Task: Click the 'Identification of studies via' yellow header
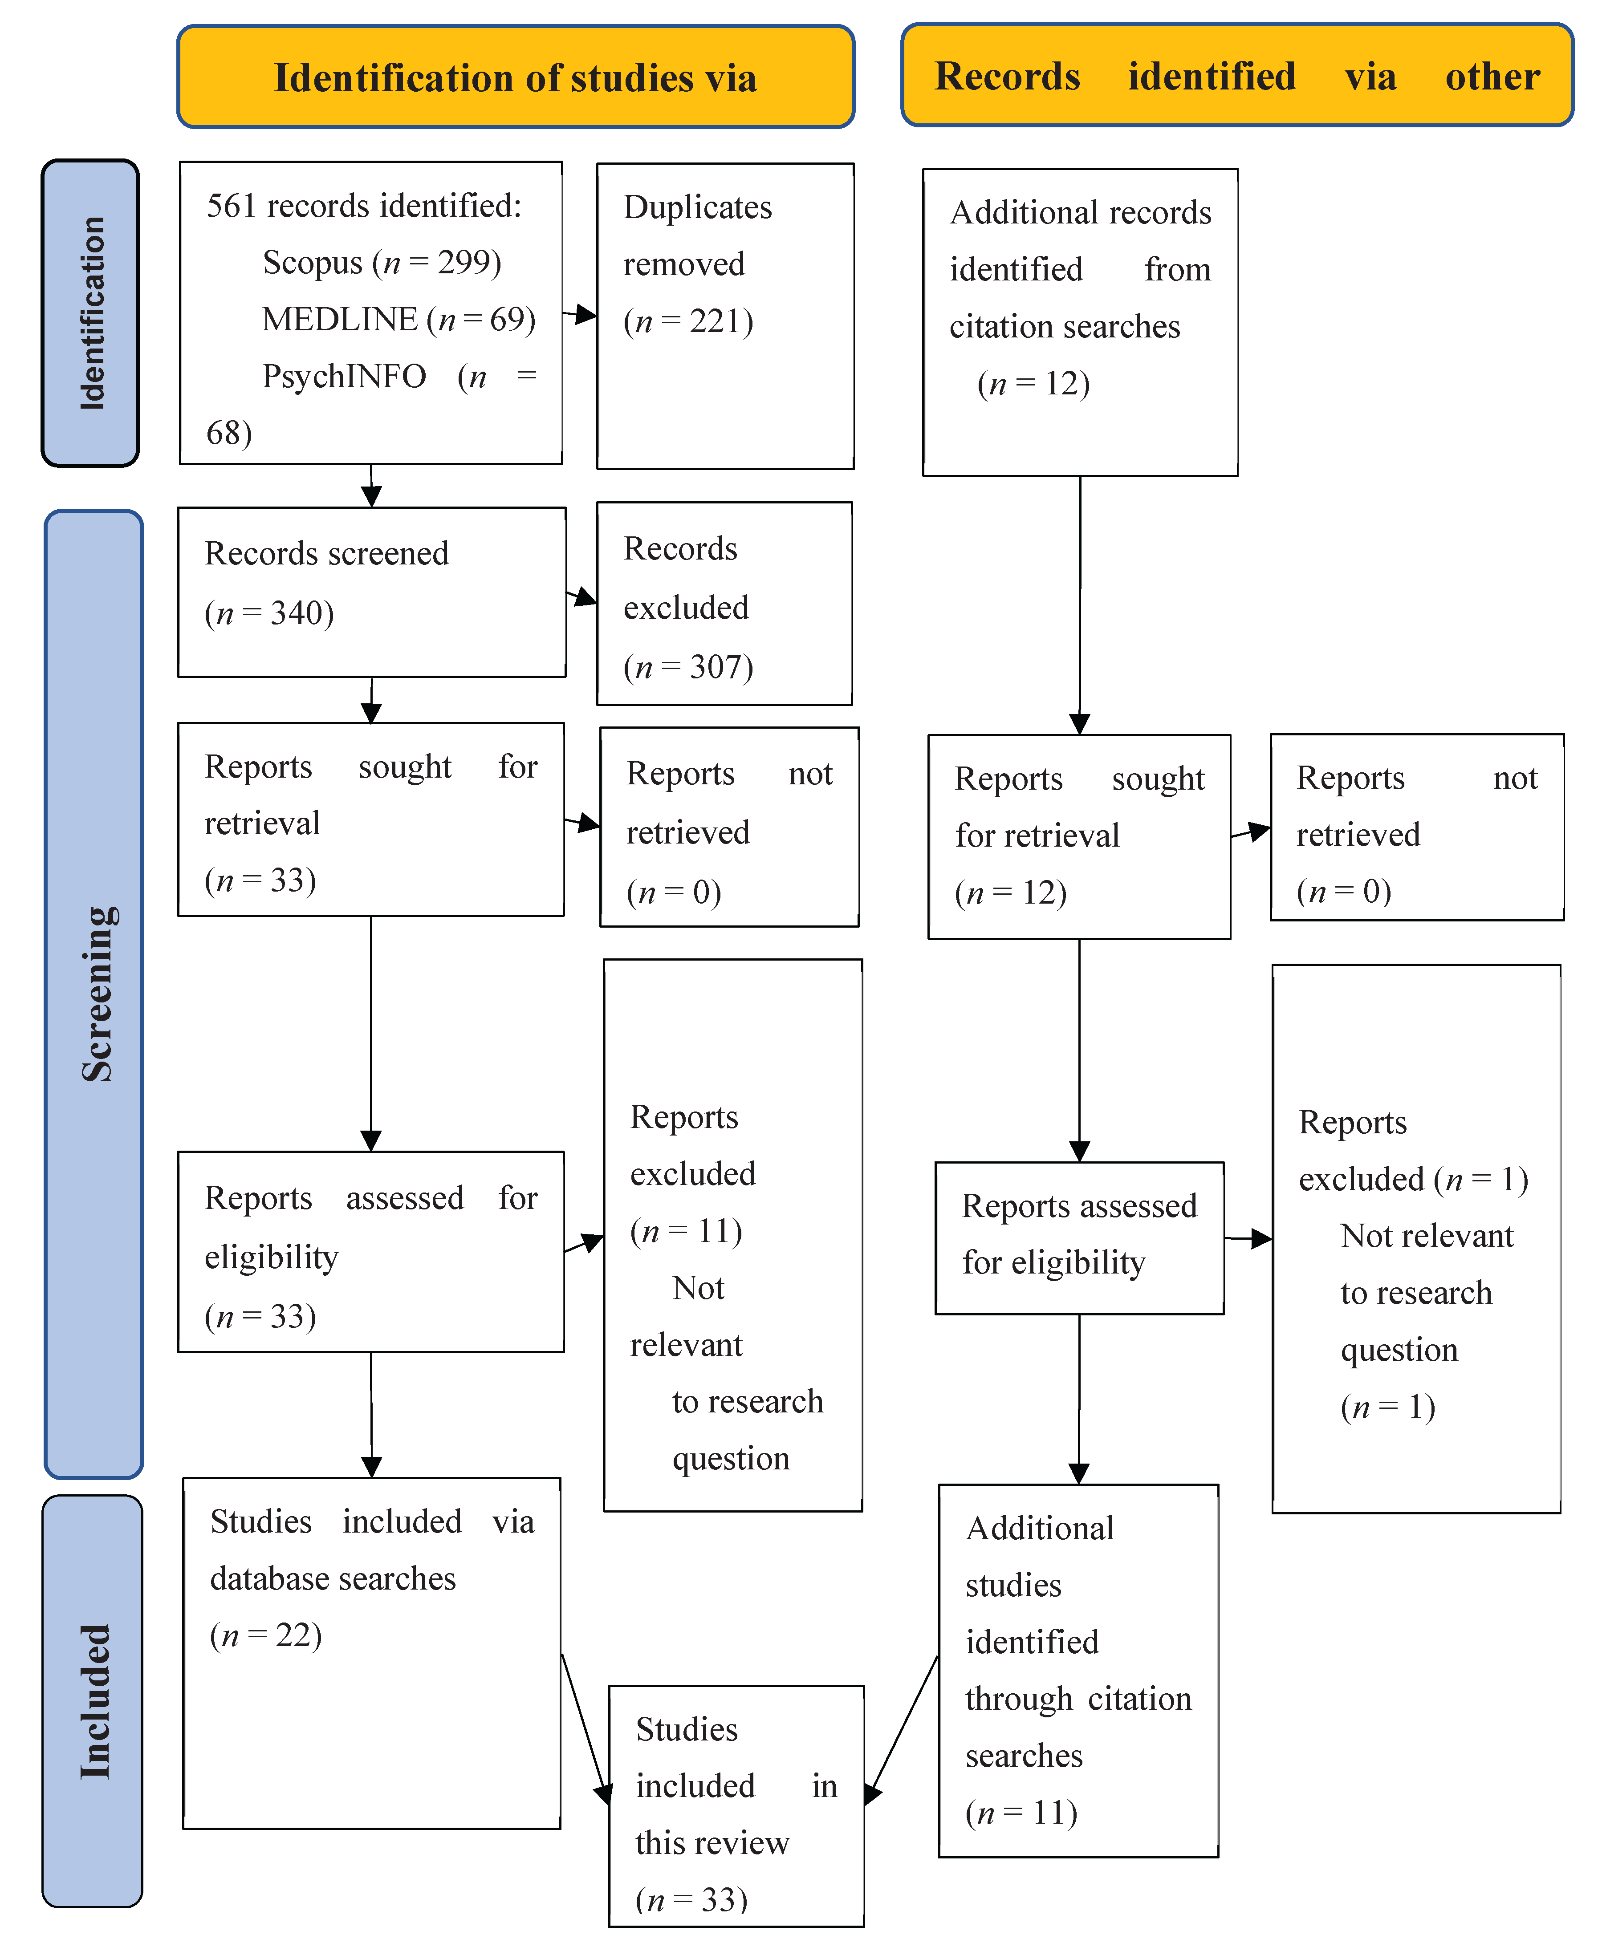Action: tap(516, 77)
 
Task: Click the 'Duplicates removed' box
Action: tap(725, 316)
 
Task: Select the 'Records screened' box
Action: tap(371, 592)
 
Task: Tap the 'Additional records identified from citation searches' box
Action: tap(1080, 322)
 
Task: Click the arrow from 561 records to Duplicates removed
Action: tap(580, 315)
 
